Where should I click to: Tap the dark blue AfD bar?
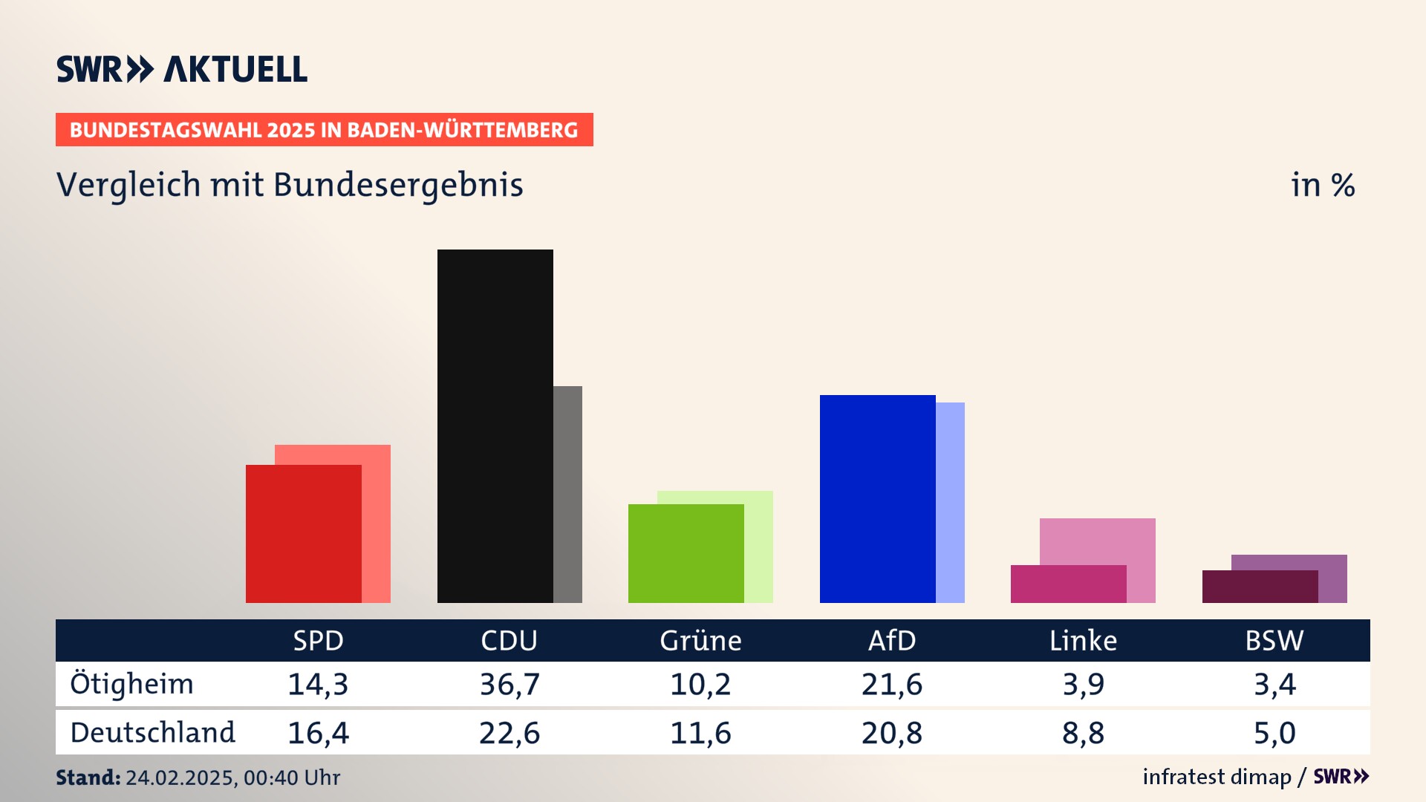(x=877, y=498)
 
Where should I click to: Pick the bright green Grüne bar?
(x=686, y=553)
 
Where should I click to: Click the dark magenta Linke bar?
(x=1068, y=584)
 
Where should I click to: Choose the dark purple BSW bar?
(x=1260, y=587)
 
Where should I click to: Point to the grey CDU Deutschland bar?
(x=568, y=494)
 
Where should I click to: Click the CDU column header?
(x=509, y=641)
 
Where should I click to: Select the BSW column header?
(x=1274, y=641)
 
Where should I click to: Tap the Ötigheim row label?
(x=131, y=684)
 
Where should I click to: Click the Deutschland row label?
(x=152, y=733)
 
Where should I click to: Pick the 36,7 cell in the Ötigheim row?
(x=509, y=684)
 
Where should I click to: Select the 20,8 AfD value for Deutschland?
(x=891, y=733)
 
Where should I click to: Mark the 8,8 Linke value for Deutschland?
(x=1083, y=733)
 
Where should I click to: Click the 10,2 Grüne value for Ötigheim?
(x=700, y=684)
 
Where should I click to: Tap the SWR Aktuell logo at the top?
(x=182, y=69)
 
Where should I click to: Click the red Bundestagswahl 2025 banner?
(x=324, y=130)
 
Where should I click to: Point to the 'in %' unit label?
(x=1323, y=185)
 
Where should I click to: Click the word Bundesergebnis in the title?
(x=398, y=185)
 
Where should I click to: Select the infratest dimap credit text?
(x=1217, y=777)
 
